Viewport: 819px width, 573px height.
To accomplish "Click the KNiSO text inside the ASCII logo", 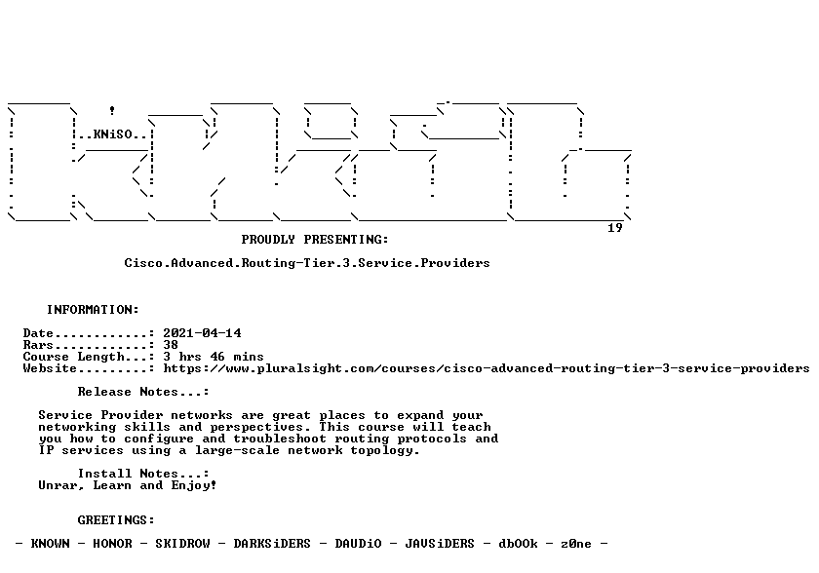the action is (113, 134).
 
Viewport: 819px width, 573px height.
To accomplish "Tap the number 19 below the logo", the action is (615, 227).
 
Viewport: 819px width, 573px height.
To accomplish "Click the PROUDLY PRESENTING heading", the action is (315, 240).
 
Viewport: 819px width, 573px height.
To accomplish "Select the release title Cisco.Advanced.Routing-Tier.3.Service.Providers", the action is (307, 263).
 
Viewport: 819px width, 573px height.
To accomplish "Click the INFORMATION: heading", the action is (93, 310).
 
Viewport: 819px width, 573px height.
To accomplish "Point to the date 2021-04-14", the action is (202, 333).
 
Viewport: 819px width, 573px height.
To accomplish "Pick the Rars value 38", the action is (171, 345).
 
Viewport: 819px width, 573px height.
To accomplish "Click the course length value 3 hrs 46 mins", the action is (214, 357).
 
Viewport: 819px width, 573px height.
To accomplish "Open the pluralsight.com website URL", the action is (487, 368).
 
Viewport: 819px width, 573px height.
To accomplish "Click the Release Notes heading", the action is (143, 392).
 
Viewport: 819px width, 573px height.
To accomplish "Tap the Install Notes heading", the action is (143, 474).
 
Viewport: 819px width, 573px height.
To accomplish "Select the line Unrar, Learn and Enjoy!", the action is (128, 485).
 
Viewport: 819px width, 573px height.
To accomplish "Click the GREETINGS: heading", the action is (116, 520).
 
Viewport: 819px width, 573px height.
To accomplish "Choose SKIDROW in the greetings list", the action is (183, 544).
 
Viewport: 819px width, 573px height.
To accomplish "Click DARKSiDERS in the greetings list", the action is (272, 544).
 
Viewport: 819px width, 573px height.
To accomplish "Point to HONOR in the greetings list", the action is (112, 544).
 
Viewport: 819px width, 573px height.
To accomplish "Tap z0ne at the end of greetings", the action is (576, 544).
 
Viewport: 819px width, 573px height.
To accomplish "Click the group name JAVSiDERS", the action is (440, 544).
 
